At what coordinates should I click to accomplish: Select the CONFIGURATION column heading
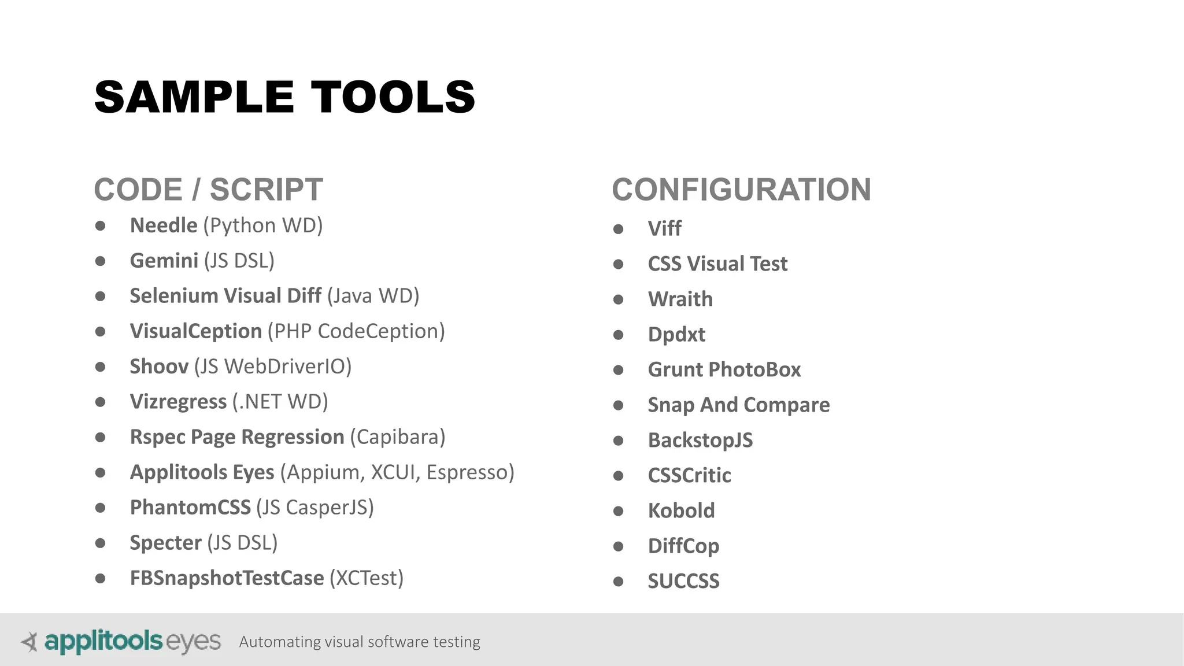click(741, 190)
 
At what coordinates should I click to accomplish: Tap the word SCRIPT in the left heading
click(266, 190)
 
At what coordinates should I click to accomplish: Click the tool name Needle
click(164, 225)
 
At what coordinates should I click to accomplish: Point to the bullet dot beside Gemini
click(101, 261)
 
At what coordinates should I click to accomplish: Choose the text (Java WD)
click(373, 296)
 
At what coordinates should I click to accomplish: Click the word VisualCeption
click(196, 331)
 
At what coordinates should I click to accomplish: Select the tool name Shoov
click(159, 367)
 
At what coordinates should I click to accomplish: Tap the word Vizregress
click(178, 402)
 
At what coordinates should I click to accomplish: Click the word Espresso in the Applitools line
click(470, 472)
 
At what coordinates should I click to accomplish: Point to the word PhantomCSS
click(190, 508)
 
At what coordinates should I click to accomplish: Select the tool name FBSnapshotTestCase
click(227, 578)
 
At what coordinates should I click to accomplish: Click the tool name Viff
click(664, 229)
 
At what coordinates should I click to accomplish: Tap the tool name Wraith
click(680, 299)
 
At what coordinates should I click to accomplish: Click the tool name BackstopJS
click(700, 441)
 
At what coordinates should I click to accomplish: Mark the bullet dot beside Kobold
click(618, 511)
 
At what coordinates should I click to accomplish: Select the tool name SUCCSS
click(683, 582)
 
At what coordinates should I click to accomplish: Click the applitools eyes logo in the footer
click(121, 642)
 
